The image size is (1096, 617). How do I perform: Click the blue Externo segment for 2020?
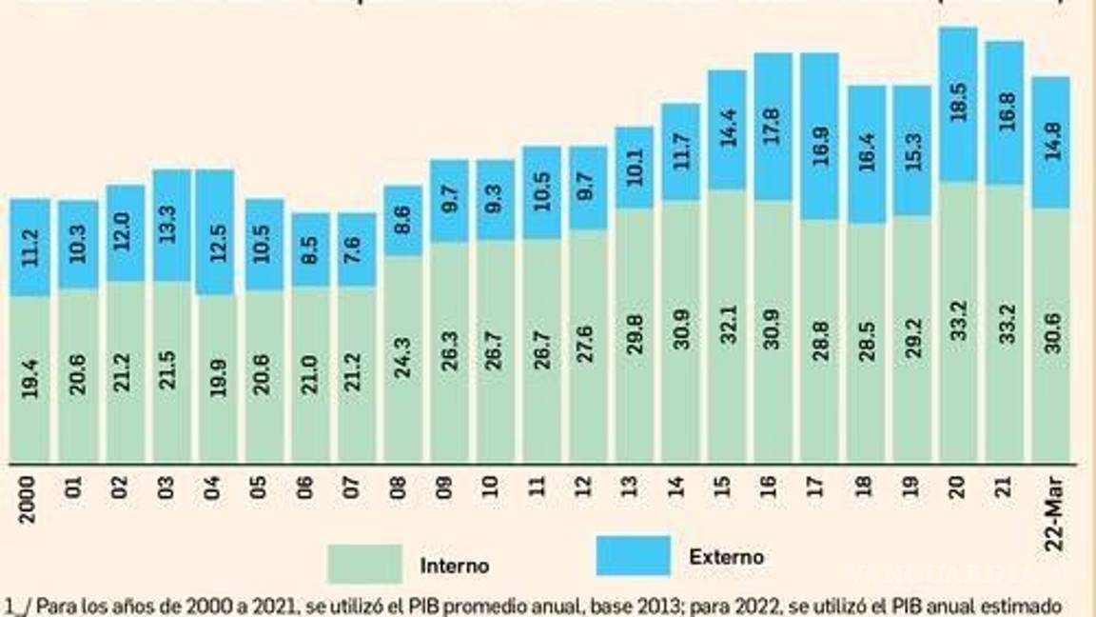pyautogui.click(x=958, y=104)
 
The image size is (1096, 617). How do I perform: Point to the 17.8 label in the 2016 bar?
pyautogui.click(x=773, y=127)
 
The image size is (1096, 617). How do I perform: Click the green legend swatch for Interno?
pyautogui.click(x=364, y=564)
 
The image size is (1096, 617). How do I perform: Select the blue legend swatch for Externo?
pyautogui.click(x=633, y=556)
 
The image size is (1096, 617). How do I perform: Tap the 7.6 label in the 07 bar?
pyautogui.click(x=356, y=249)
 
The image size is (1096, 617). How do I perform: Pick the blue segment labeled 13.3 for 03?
pyautogui.click(x=171, y=226)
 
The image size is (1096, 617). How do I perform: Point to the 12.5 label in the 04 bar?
pyautogui.click(x=216, y=231)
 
